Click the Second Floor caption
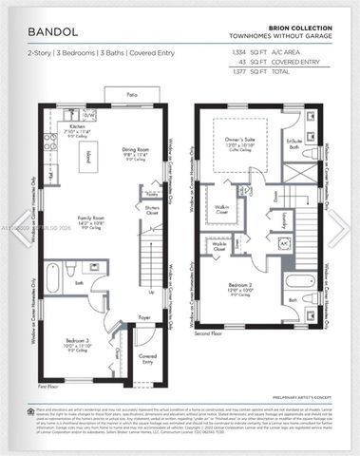coord(208,334)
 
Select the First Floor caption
coord(47,388)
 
